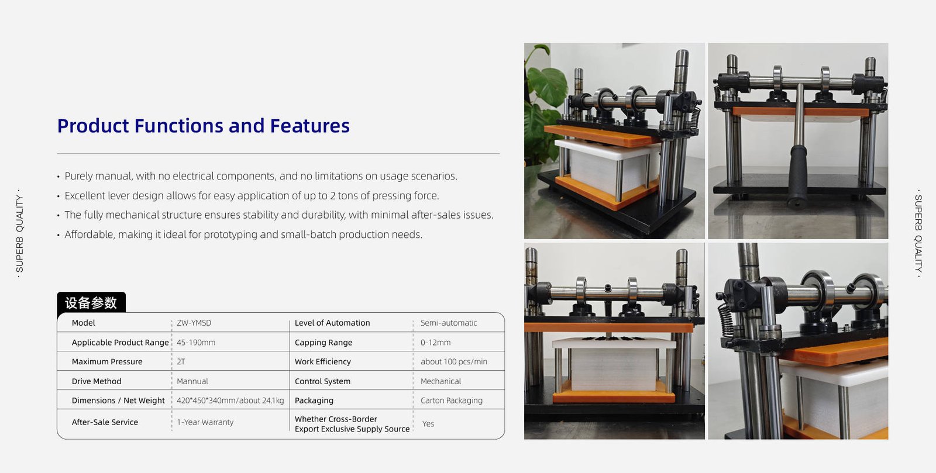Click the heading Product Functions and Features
tap(204, 126)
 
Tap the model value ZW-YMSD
tap(194, 323)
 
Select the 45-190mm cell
tap(196, 343)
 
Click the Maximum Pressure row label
tap(107, 361)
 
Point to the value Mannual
tap(192, 381)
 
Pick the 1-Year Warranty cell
tap(205, 422)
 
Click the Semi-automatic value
tap(449, 323)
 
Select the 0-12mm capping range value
tap(435, 343)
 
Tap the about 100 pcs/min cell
tap(454, 361)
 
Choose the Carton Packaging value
tap(451, 401)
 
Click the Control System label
tap(322, 381)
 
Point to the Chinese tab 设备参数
tap(91, 303)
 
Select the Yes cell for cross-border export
tap(428, 424)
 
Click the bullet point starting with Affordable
tap(243, 234)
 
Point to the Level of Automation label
tap(332, 323)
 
